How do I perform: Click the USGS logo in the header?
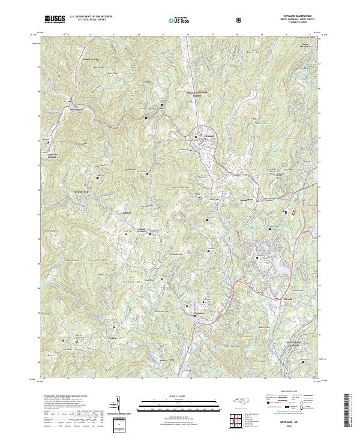click(55, 19)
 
